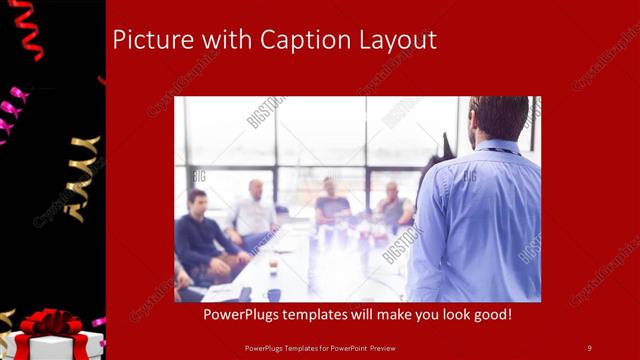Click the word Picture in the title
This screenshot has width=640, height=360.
click(x=147, y=40)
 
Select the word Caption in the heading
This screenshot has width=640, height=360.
click(x=302, y=40)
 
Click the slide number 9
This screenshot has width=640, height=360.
click(x=589, y=347)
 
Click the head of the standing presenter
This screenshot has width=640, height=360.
click(x=500, y=118)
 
